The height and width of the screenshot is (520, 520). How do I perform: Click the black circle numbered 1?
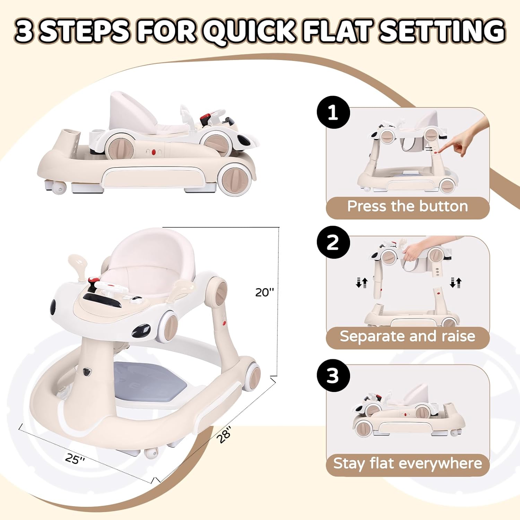point(333,112)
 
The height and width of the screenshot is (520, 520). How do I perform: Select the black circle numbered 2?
point(333,242)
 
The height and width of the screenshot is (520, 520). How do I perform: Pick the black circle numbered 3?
point(333,375)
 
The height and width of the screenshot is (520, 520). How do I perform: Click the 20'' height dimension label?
point(264,292)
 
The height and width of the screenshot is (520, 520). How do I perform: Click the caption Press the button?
point(408,206)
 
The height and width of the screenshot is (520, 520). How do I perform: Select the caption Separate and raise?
point(408,336)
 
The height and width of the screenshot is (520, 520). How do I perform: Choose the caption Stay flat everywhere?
point(408,463)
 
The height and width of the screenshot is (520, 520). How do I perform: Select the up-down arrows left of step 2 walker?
point(361,283)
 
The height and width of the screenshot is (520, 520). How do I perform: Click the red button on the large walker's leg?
point(224,324)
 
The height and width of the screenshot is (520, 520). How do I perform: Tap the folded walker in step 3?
point(407,414)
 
